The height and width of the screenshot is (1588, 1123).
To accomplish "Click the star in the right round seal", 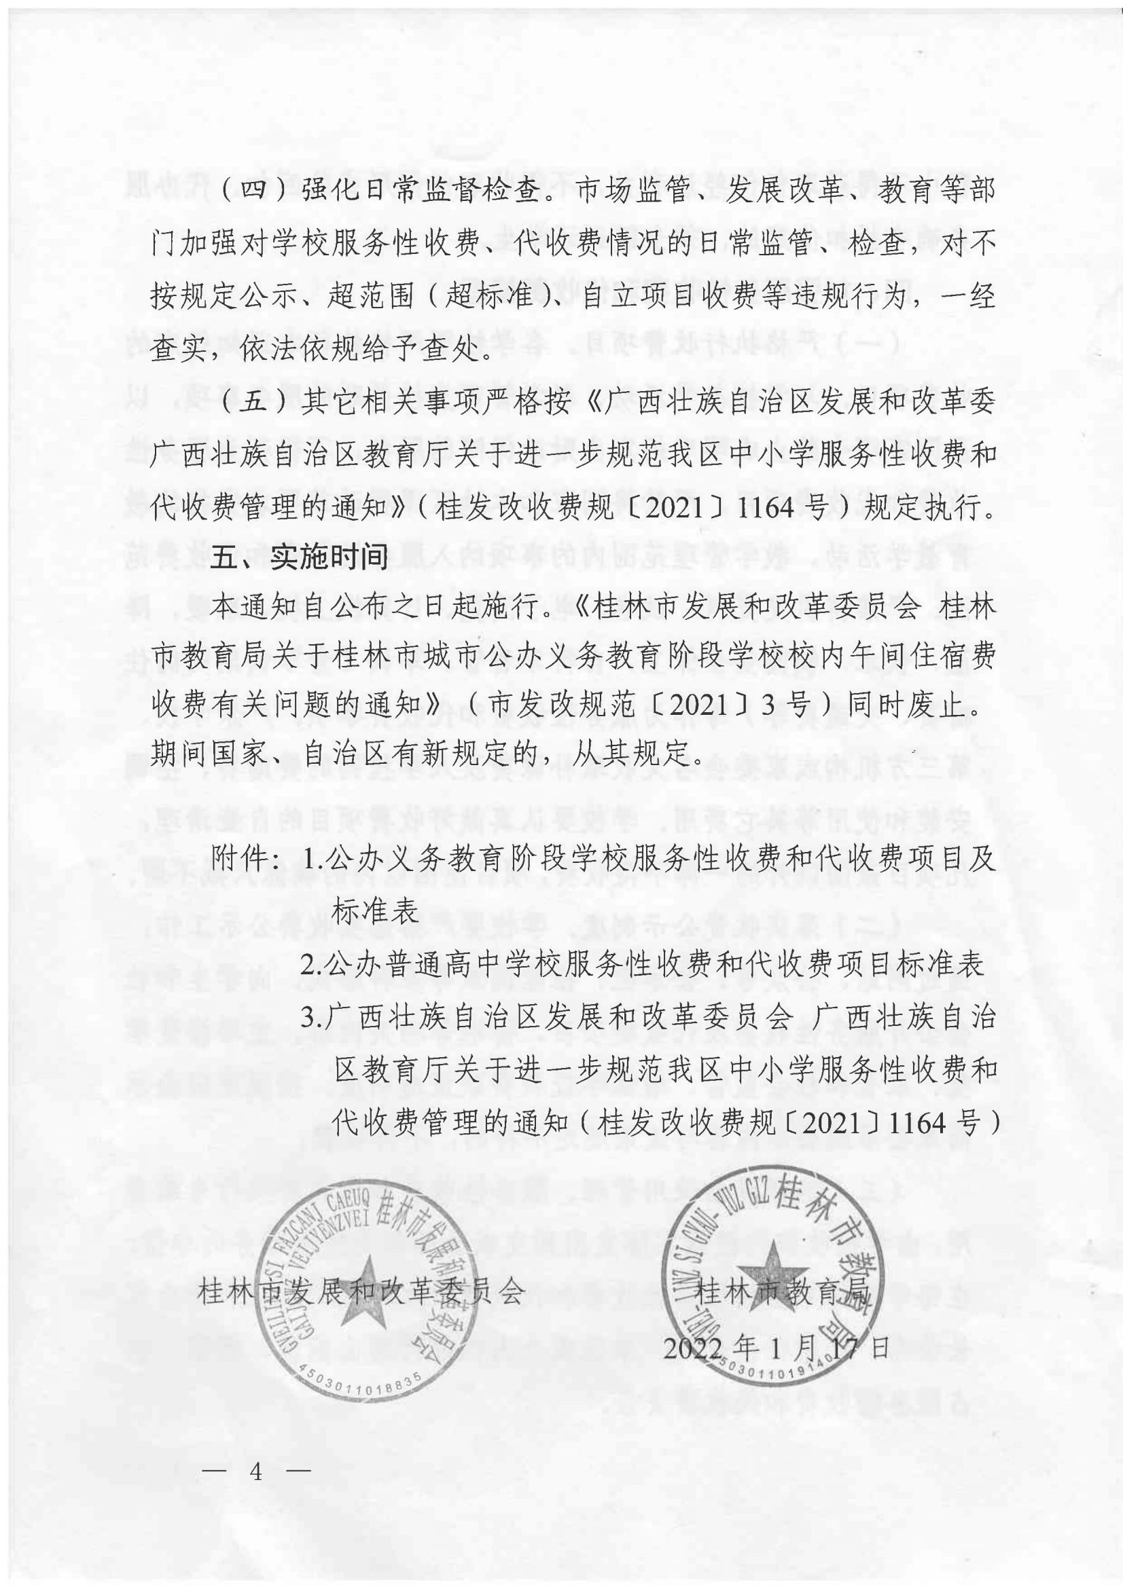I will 768,1277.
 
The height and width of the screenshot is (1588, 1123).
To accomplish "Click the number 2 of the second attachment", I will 308,966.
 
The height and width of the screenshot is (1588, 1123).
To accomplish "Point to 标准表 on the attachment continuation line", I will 376,912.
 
